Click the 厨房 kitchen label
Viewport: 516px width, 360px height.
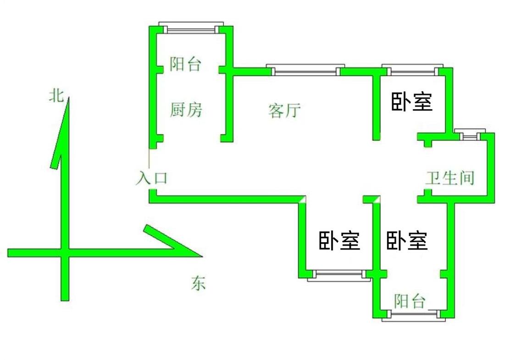pyautogui.click(x=186, y=110)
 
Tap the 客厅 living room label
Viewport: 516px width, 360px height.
pyautogui.click(x=284, y=110)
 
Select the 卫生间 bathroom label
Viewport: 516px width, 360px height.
pyautogui.click(x=449, y=177)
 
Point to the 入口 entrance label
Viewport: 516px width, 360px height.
pyautogui.click(x=151, y=178)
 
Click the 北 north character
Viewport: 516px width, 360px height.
pyautogui.click(x=56, y=95)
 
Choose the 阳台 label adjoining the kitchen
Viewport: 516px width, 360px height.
pyautogui.click(x=185, y=64)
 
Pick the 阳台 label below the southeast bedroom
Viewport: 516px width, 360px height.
pyautogui.click(x=410, y=301)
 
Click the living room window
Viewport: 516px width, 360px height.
pyautogui.click(x=305, y=71)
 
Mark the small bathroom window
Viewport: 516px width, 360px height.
pyautogui.click(x=469, y=136)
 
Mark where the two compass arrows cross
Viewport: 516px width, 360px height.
pyautogui.click(x=65, y=252)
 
